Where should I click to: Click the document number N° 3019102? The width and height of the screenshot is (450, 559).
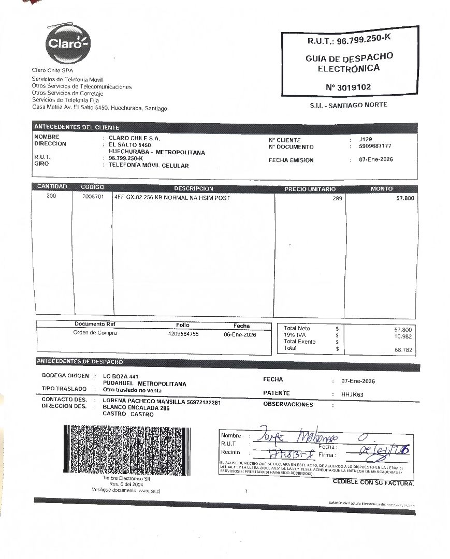(348, 87)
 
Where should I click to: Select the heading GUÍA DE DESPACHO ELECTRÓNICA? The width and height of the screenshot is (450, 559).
(349, 63)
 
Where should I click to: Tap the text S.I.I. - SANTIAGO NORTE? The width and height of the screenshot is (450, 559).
(348, 105)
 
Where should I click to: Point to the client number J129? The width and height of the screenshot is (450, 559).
(365, 139)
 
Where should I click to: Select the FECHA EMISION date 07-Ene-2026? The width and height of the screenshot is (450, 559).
(376, 159)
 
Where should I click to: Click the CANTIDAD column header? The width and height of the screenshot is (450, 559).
(52, 187)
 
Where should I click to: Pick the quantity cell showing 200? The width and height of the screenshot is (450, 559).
(52, 197)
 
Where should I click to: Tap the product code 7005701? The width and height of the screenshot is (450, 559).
(93, 197)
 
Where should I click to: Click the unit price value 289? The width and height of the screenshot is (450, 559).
(337, 198)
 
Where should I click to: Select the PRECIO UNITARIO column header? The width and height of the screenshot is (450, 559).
(310, 189)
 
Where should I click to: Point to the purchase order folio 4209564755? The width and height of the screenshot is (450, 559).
(180, 334)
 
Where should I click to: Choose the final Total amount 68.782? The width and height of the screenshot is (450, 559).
(403, 350)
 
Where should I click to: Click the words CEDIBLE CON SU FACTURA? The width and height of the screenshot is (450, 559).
(373, 482)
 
